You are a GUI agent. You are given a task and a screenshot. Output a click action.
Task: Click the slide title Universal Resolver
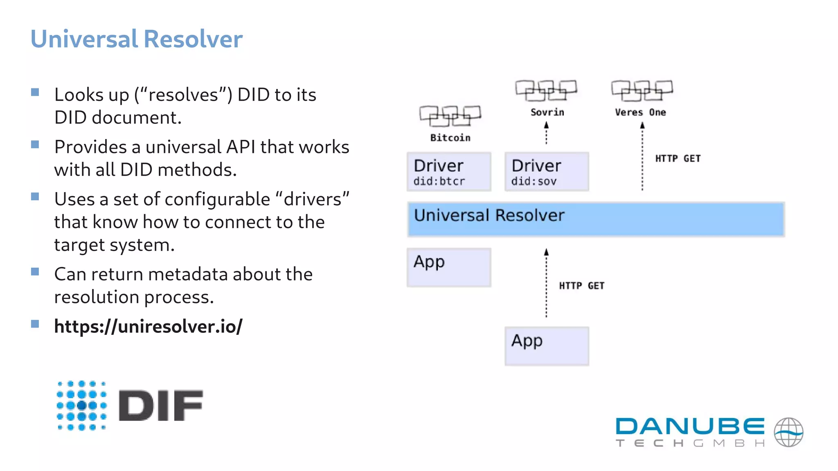[x=136, y=39]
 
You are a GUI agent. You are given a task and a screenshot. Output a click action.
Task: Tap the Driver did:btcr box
[x=449, y=172]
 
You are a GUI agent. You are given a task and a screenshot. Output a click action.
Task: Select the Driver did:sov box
[x=547, y=172]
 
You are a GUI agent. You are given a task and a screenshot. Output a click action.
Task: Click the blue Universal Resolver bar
[x=596, y=219]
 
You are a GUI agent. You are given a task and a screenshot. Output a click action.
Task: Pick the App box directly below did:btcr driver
[x=449, y=267]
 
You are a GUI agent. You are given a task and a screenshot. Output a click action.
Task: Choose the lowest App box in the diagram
[x=547, y=346]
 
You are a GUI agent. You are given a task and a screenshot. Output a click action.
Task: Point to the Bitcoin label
[x=450, y=138]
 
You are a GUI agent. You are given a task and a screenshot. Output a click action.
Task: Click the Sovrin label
[x=547, y=112]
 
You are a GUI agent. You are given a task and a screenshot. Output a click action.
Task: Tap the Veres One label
[x=640, y=112]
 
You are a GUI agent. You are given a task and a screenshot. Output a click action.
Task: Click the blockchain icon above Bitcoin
[x=450, y=116]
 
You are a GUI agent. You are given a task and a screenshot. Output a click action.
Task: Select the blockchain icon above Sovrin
[x=546, y=90]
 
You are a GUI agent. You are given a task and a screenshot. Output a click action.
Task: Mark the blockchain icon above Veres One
[x=642, y=90]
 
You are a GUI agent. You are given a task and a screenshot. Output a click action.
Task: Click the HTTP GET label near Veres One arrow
[x=678, y=159]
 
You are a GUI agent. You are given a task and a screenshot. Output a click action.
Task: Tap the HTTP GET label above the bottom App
[x=581, y=286]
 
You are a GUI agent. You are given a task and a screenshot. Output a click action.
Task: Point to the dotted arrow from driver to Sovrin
[x=546, y=134]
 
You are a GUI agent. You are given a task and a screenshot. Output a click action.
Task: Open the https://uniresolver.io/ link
[x=148, y=326]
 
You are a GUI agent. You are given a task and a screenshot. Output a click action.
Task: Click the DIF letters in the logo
[x=160, y=405]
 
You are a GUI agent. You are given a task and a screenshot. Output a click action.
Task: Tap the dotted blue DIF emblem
[x=82, y=405]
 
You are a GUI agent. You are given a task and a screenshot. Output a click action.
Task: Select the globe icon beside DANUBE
[x=788, y=432]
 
